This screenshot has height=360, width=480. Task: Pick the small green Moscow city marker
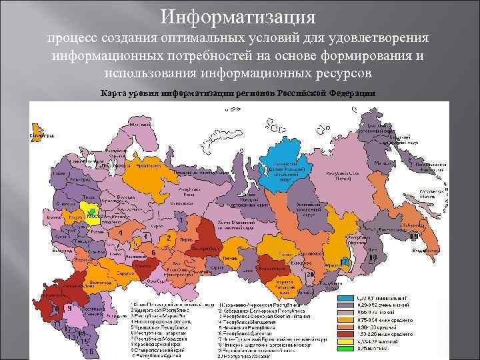pos(90,213)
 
